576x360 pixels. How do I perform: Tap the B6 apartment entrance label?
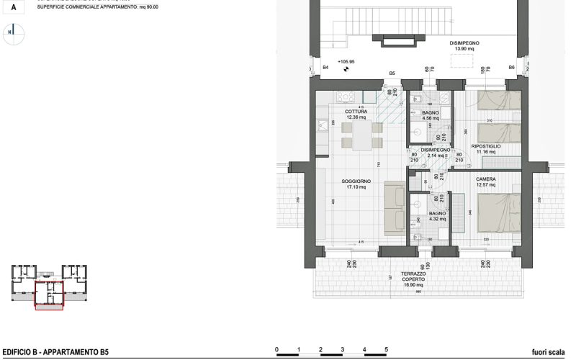tap(512, 66)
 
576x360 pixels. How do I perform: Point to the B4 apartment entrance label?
tap(325, 66)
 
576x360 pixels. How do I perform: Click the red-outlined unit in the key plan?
tap(49, 294)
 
